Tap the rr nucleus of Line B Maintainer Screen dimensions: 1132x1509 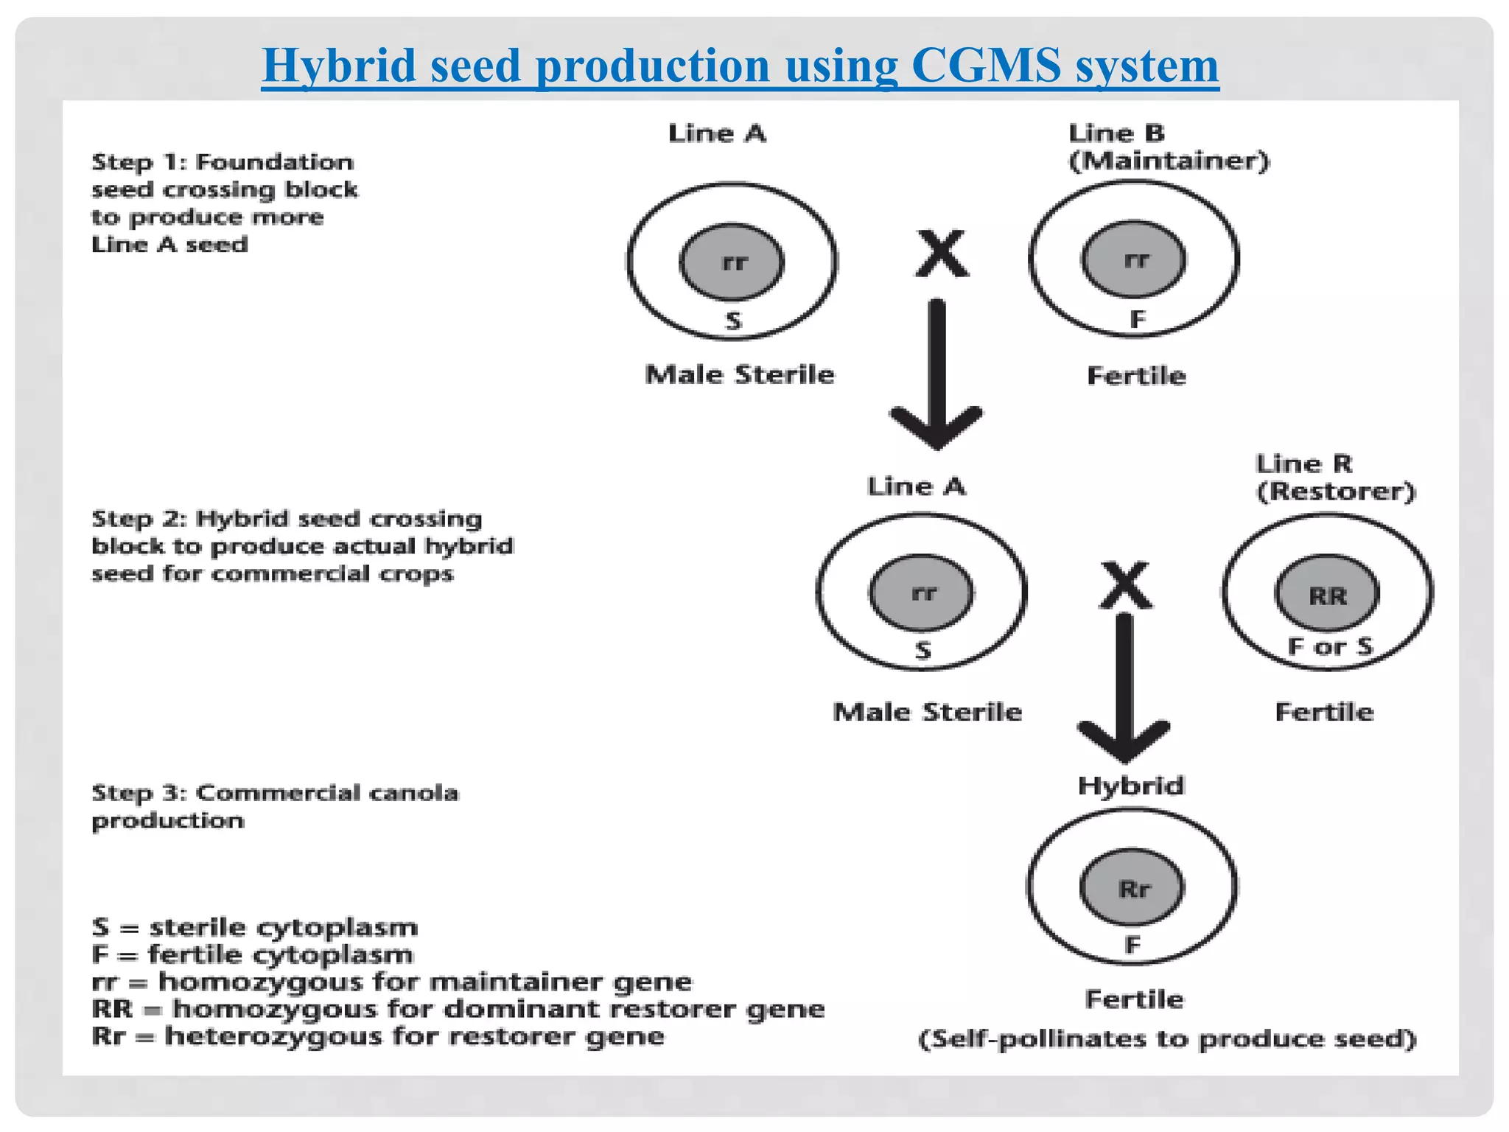click(x=1134, y=259)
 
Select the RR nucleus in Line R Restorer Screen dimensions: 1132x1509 click(x=1327, y=595)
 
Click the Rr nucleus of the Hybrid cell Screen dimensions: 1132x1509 click(x=1132, y=888)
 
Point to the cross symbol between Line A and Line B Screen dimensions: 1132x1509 click(x=942, y=254)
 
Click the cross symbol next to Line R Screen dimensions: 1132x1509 click(x=1125, y=585)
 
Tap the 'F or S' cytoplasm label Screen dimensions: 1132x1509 click(x=1330, y=646)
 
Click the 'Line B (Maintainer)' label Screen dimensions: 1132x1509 click(x=1168, y=147)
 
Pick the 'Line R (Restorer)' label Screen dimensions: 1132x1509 click(x=1335, y=478)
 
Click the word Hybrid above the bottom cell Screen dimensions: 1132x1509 click(x=1130, y=786)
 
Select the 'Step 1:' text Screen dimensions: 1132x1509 click(x=139, y=162)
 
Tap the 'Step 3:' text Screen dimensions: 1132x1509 click(x=139, y=793)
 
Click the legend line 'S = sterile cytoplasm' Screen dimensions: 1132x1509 click(x=254, y=927)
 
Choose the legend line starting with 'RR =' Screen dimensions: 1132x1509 click(x=457, y=1008)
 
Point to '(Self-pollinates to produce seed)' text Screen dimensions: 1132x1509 click(x=1166, y=1039)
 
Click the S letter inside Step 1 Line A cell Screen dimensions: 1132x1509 click(x=733, y=321)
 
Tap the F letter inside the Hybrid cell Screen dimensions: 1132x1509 click(x=1132, y=944)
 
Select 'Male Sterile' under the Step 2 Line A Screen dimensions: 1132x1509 click(x=927, y=712)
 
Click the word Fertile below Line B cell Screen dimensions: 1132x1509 click(x=1136, y=376)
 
